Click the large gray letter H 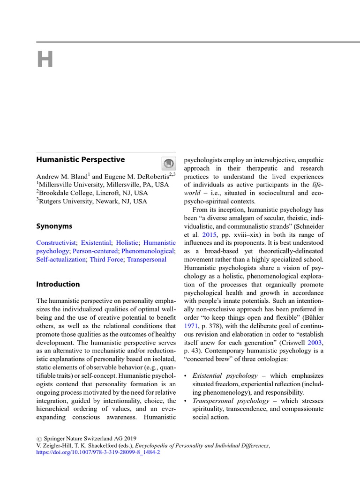click(45, 60)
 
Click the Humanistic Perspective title click(81, 159)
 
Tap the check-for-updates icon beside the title click(168, 163)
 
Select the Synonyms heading click(54, 226)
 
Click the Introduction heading click(58, 284)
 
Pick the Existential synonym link click(96, 243)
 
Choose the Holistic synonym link click(127, 243)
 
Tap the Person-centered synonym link click(95, 251)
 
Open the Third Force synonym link click(106, 259)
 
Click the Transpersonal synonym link click(147, 259)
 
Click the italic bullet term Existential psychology click(225, 375)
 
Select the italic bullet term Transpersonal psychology click(231, 401)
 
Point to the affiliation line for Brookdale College click(92, 193)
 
